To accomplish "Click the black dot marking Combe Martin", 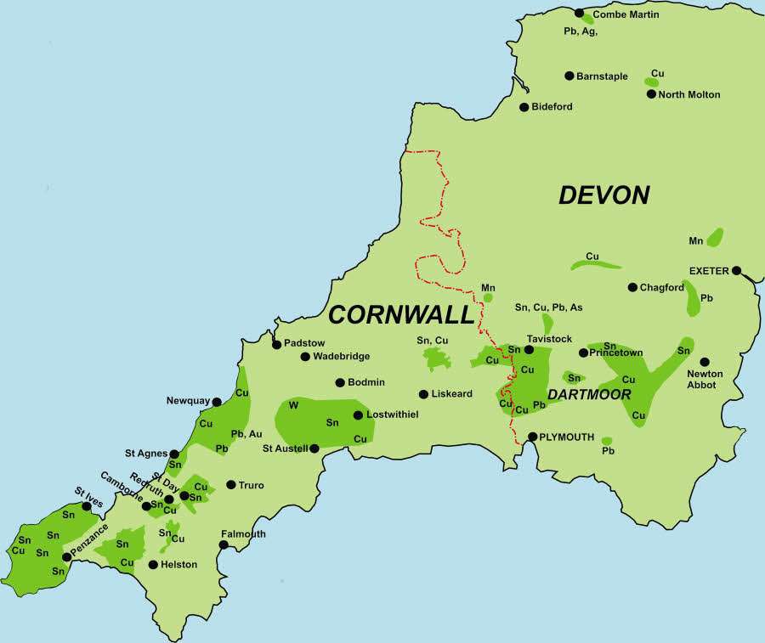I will (x=580, y=14).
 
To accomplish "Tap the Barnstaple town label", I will (x=602, y=76).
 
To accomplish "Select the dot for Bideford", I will (x=524, y=107).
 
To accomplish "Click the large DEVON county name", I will (x=603, y=195).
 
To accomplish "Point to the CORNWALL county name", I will (x=400, y=315).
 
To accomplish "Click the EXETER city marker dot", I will (x=736, y=271).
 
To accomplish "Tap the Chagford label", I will (x=662, y=288).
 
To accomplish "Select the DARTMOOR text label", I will (x=589, y=394).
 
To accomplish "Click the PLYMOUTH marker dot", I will (x=533, y=437).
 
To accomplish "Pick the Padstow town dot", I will (x=276, y=344).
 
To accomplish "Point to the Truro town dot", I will (x=231, y=485).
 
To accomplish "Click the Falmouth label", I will (x=243, y=534).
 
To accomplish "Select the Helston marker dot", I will (x=153, y=564).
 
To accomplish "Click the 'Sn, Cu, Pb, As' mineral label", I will (x=548, y=307).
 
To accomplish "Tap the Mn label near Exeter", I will (x=696, y=241).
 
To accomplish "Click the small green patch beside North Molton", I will (x=652, y=82).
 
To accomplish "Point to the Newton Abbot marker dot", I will (x=705, y=361).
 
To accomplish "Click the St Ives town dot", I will (x=86, y=506).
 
